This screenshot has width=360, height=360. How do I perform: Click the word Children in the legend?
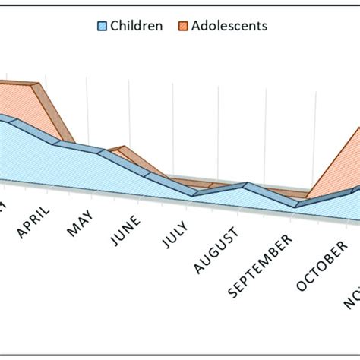click(x=136, y=26)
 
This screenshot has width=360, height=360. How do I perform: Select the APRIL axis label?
click(x=34, y=221)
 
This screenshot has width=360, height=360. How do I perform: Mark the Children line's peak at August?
click(x=245, y=185)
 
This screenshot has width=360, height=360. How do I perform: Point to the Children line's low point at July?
click(x=195, y=194)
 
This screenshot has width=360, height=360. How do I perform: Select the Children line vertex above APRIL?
click(x=58, y=142)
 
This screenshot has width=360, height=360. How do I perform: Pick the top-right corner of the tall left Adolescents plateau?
click(x=35, y=84)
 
